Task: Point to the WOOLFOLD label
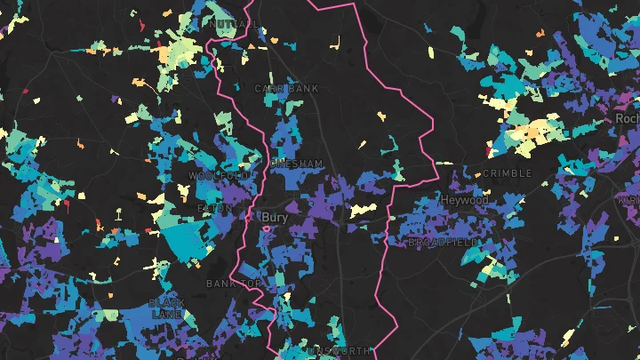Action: [x=214, y=176]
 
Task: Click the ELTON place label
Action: [x=214, y=209]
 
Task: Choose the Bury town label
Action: [x=276, y=216]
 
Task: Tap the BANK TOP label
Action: [x=234, y=284]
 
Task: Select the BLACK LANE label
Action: [x=167, y=308]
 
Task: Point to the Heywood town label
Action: [x=464, y=201]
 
